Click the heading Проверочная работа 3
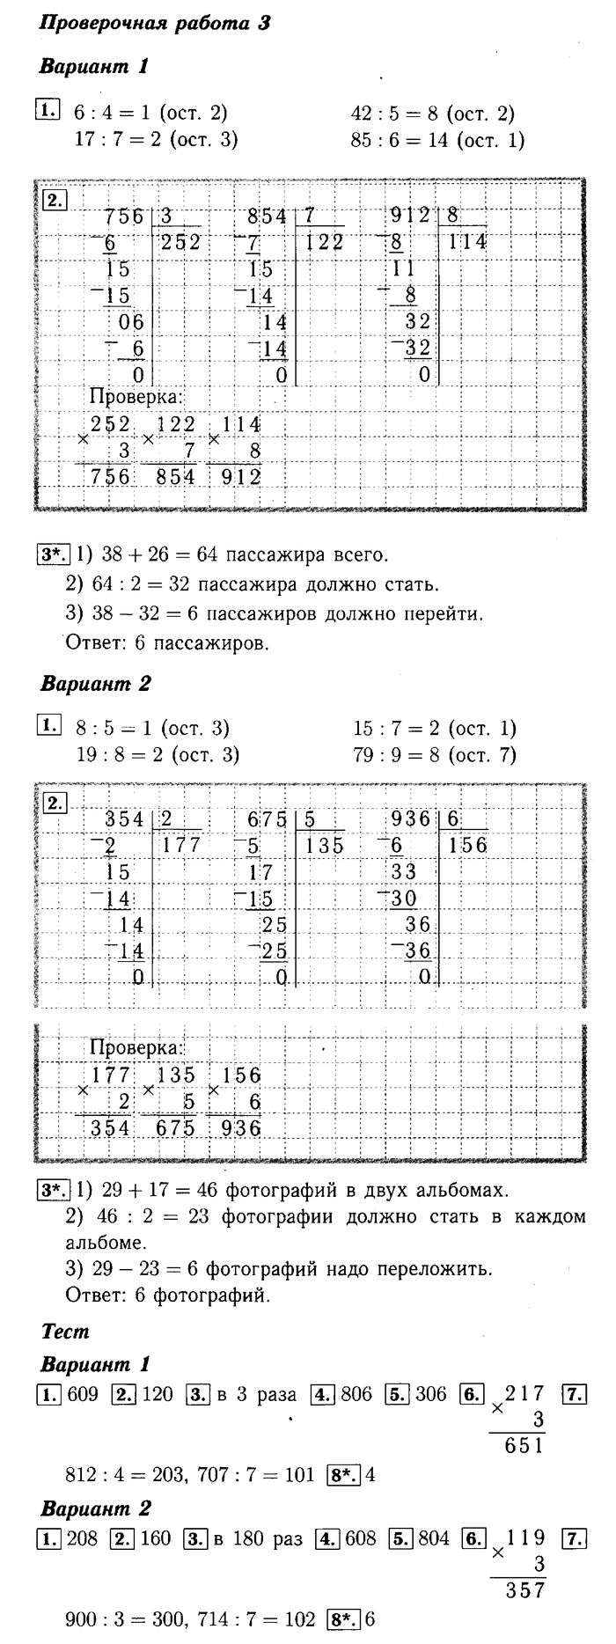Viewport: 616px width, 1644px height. pos(155,24)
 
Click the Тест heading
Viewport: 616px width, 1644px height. pos(65,1332)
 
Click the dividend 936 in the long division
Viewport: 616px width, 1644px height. pos(410,819)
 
